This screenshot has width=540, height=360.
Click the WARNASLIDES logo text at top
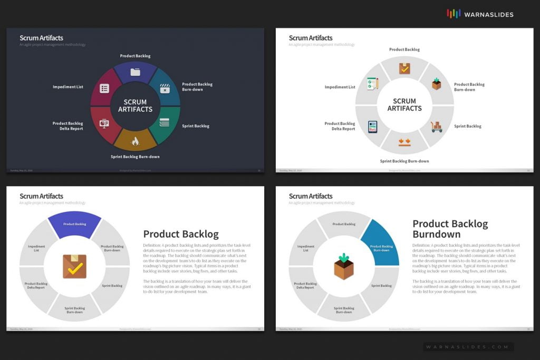click(488, 14)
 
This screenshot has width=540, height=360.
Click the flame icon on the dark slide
click(135, 141)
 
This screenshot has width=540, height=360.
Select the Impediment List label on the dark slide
click(67, 86)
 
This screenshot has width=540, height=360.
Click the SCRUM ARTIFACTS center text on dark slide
click(135, 105)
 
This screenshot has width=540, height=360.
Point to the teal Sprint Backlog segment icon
click(165, 122)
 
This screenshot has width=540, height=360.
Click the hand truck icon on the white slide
click(436, 127)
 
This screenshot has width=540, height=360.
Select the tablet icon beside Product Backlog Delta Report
click(372, 127)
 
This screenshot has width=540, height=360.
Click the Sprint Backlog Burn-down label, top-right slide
click(404, 161)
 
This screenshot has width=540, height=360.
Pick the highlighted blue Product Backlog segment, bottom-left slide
click(74, 223)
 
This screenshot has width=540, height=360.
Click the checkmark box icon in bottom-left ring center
click(74, 266)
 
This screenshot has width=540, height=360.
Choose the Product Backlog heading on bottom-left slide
click(181, 234)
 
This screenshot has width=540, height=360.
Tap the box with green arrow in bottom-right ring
click(343, 266)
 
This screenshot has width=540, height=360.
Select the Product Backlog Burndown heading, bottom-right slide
click(450, 229)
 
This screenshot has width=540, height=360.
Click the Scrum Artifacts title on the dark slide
click(41, 38)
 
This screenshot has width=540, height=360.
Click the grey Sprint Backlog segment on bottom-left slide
click(111, 286)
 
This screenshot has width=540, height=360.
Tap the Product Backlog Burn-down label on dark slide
click(197, 86)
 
